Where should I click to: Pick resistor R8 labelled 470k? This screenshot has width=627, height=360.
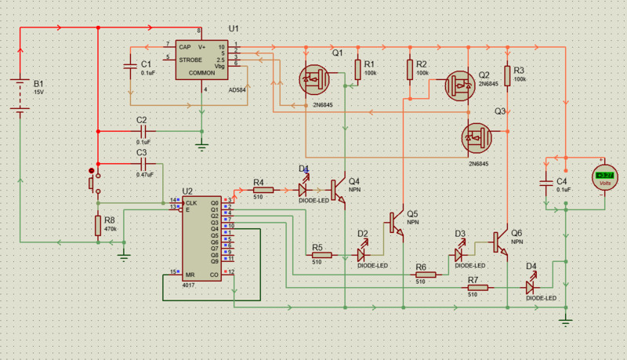[98, 226]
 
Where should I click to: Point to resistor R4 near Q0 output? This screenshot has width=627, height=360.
[263, 190]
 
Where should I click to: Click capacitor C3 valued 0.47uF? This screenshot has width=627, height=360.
[142, 163]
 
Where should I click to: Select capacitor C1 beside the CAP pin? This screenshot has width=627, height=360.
[130, 67]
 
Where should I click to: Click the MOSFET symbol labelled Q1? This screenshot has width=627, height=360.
[316, 78]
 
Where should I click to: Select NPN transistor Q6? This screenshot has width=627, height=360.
[500, 244]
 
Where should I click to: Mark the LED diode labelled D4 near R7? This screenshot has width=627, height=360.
[531, 288]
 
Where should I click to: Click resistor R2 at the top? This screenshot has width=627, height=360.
[410, 71]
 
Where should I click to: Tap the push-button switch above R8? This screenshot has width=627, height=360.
[92, 183]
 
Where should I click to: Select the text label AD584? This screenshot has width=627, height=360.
[237, 90]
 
